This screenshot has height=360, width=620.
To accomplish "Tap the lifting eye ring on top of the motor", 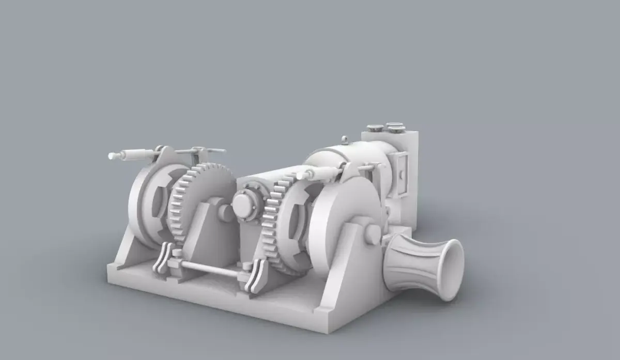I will [x=345, y=139].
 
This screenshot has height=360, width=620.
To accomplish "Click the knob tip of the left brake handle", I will [x=112, y=155].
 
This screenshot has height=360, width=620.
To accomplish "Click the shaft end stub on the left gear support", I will [x=225, y=212].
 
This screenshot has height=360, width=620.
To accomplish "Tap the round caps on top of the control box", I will [x=385, y=127].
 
